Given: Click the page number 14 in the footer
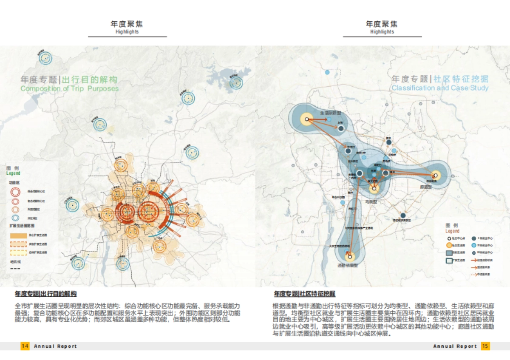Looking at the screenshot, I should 25,346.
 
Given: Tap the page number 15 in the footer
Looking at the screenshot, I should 485,346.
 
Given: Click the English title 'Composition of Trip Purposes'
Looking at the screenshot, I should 70,88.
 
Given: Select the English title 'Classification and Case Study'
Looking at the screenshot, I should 440,88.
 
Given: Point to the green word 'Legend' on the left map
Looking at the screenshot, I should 13,173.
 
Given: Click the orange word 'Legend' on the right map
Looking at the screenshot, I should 452,231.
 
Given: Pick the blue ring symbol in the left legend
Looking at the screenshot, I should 15,218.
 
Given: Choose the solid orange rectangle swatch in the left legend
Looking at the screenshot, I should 18,235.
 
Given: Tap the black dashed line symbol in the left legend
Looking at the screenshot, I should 15,269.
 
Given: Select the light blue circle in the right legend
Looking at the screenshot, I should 473,245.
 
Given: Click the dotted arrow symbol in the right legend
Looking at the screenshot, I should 473,274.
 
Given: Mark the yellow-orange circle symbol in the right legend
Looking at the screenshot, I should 448,245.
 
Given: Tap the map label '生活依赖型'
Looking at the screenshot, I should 331,113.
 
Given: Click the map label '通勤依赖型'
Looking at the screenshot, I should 348,265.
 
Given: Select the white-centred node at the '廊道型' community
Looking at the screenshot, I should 435,176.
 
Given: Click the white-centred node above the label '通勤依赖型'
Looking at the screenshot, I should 350,256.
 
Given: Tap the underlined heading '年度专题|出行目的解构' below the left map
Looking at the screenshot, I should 45,294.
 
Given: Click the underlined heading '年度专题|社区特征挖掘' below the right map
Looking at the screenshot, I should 304,294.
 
